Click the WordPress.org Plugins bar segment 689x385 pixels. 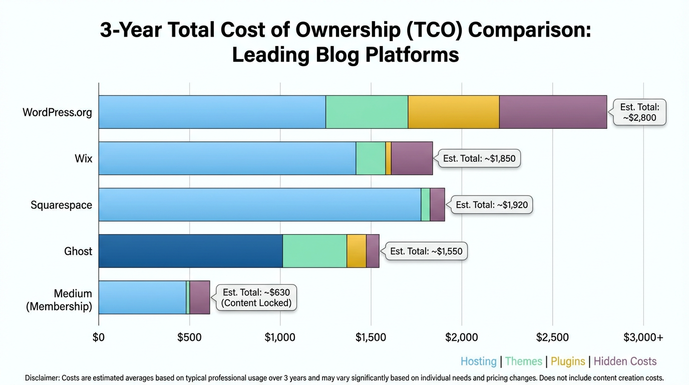453,112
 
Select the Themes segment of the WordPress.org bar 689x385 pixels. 367,112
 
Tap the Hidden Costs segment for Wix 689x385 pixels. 412,158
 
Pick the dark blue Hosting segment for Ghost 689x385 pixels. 190,251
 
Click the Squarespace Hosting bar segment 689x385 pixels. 259,205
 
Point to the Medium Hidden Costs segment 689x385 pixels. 200,297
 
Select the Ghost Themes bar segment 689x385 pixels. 314,251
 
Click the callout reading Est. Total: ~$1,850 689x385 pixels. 479,158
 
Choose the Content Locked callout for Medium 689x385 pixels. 256,297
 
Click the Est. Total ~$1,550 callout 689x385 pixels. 426,251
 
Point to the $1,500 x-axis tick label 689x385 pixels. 371,337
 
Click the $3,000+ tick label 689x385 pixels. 643,337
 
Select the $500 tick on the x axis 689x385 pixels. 189,337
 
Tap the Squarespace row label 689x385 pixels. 61,205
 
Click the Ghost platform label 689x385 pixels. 78,251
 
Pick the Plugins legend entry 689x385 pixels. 568,361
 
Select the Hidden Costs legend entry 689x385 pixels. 625,361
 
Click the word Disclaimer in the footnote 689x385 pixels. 42,378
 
